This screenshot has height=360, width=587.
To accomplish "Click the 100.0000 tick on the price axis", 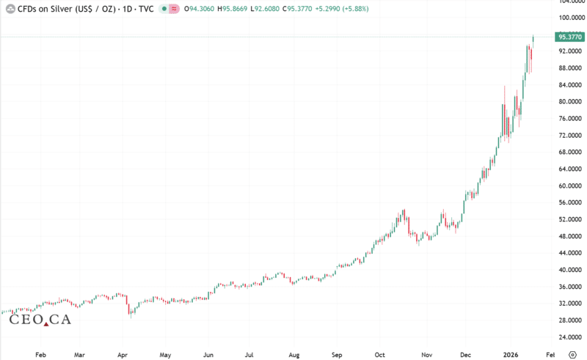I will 569,18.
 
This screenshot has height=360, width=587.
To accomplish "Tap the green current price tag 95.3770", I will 570,36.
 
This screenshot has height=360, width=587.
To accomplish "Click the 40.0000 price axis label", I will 570,270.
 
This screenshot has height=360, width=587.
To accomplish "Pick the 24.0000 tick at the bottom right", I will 570,337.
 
